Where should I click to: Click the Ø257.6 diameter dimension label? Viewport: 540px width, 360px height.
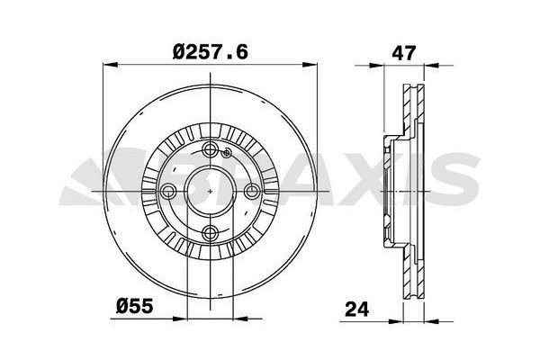(x=210, y=50)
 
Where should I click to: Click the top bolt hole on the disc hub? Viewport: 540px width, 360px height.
(x=211, y=150)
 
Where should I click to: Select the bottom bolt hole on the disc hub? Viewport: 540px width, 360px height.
(x=211, y=234)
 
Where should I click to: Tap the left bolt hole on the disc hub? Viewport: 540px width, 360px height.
(x=168, y=192)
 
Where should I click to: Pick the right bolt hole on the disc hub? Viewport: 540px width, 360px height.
(x=252, y=192)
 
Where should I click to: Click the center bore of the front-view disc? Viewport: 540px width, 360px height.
(x=211, y=192)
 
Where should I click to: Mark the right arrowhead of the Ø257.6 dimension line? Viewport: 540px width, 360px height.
(x=312, y=64)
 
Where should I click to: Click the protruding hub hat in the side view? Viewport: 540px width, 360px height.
(x=390, y=192)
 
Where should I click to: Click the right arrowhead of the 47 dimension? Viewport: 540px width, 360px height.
(x=425, y=65)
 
